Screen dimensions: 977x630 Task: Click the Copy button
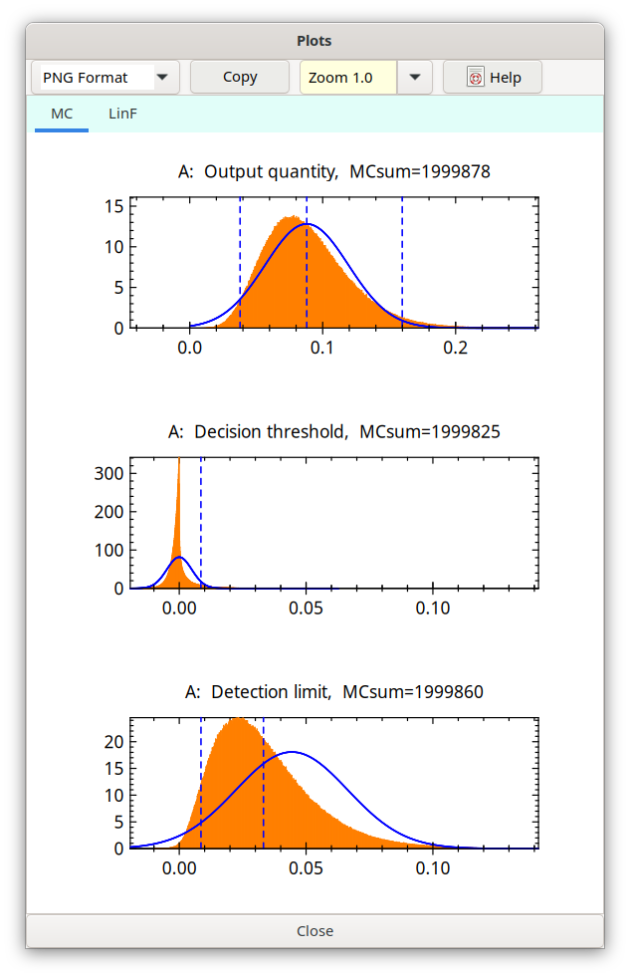pos(240,77)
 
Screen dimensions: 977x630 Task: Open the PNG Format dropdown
pos(161,78)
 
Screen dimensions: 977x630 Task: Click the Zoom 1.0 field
pos(348,78)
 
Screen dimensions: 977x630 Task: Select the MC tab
pos(62,115)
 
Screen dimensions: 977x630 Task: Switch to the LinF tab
pos(122,115)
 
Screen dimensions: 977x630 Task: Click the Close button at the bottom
pos(315,931)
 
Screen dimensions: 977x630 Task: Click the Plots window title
pos(315,41)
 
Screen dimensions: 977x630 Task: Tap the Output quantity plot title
pos(333,172)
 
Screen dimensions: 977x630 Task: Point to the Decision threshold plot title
pos(333,432)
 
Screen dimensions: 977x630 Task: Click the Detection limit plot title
pos(333,691)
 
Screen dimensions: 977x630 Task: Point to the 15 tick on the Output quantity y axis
pos(113,207)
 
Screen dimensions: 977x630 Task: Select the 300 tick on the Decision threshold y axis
pos(108,473)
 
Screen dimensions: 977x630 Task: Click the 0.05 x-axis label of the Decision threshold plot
pos(306,608)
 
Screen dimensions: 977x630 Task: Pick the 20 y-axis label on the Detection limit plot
pos(113,742)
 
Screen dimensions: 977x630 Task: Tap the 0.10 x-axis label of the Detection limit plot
pos(433,868)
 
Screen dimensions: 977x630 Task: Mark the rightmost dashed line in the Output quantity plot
pos(402,259)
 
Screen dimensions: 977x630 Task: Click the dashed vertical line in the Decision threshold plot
pos(201,518)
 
